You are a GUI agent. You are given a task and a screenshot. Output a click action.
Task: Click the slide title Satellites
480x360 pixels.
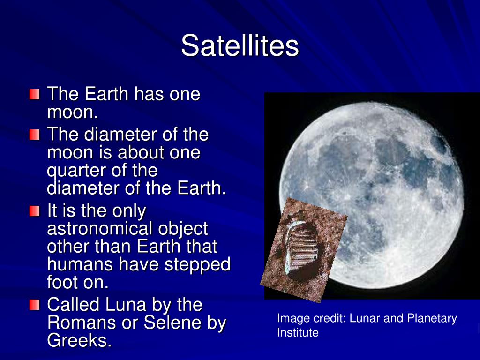point(240,45)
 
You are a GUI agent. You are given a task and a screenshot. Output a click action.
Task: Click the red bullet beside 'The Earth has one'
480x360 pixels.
point(35,94)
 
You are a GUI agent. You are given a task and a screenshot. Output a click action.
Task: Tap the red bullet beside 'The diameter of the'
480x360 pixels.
point(35,135)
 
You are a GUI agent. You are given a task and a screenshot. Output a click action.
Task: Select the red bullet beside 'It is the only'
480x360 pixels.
point(35,211)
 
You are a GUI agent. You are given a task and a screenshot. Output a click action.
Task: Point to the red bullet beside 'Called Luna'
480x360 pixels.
point(35,305)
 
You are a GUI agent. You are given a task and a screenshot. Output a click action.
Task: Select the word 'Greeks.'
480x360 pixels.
point(79,340)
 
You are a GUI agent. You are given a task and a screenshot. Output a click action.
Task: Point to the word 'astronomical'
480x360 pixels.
point(100,229)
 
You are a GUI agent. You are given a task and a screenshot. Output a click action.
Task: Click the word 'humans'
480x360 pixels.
point(81,264)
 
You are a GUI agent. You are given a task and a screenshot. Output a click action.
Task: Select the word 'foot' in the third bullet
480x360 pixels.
point(63,282)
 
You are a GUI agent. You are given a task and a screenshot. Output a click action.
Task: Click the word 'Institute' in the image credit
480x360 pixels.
point(298,332)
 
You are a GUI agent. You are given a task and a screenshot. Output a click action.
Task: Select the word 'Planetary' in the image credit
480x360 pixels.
point(432,319)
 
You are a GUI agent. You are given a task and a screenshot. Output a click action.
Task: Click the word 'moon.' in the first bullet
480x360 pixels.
point(73,112)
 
